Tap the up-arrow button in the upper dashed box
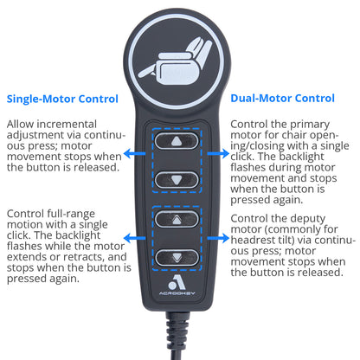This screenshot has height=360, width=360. pyautogui.click(x=179, y=139)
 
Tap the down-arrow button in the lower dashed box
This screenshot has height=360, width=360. pyautogui.click(x=179, y=257)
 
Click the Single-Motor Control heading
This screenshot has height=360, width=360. pyautogui.click(x=62, y=99)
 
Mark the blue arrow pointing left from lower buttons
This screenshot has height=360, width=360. pyautogui.click(x=136, y=236)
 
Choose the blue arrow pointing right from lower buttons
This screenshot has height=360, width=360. pyautogui.click(x=221, y=236)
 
